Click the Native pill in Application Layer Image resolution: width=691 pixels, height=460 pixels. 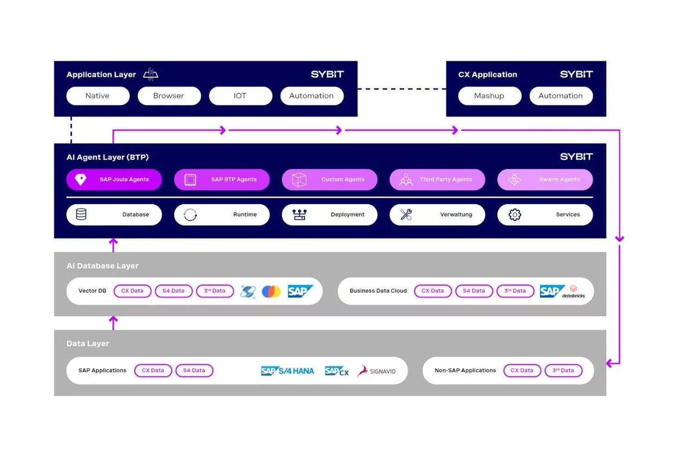pyautogui.click(x=98, y=96)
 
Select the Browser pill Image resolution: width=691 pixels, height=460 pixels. pyautogui.click(x=169, y=96)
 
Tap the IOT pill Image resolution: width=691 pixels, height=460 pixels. pyautogui.click(x=240, y=96)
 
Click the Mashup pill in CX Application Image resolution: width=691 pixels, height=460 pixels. pyautogui.click(x=489, y=96)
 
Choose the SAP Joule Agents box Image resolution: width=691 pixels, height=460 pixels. pyautogui.click(x=114, y=180)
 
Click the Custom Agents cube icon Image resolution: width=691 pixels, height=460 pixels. pyautogui.click(x=299, y=180)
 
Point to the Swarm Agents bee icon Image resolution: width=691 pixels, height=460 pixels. pyautogui.click(x=514, y=179)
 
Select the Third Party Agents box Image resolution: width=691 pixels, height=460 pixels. pyautogui.click(x=437, y=180)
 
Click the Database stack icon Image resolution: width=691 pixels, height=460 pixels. pyautogui.click(x=81, y=214)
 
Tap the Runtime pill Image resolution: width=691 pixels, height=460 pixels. pyautogui.click(x=222, y=214)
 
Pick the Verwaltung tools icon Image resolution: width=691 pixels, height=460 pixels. pyautogui.click(x=406, y=214)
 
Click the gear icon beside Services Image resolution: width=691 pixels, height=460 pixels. pyautogui.click(x=515, y=214)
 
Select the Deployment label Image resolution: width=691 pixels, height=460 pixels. pyautogui.click(x=347, y=214)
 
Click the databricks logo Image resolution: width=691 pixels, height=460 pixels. pyautogui.click(x=574, y=292)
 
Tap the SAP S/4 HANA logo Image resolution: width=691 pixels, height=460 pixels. pyautogui.click(x=287, y=370)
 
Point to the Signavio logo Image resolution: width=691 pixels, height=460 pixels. pyautogui.click(x=376, y=371)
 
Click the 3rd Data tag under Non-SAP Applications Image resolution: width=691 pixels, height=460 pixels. pyautogui.click(x=563, y=370)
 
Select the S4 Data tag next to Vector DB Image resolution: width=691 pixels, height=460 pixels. pyautogui.click(x=173, y=291)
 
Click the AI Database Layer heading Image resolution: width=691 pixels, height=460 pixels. pyautogui.click(x=103, y=266)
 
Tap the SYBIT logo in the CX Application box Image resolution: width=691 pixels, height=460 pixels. pyautogui.click(x=576, y=74)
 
